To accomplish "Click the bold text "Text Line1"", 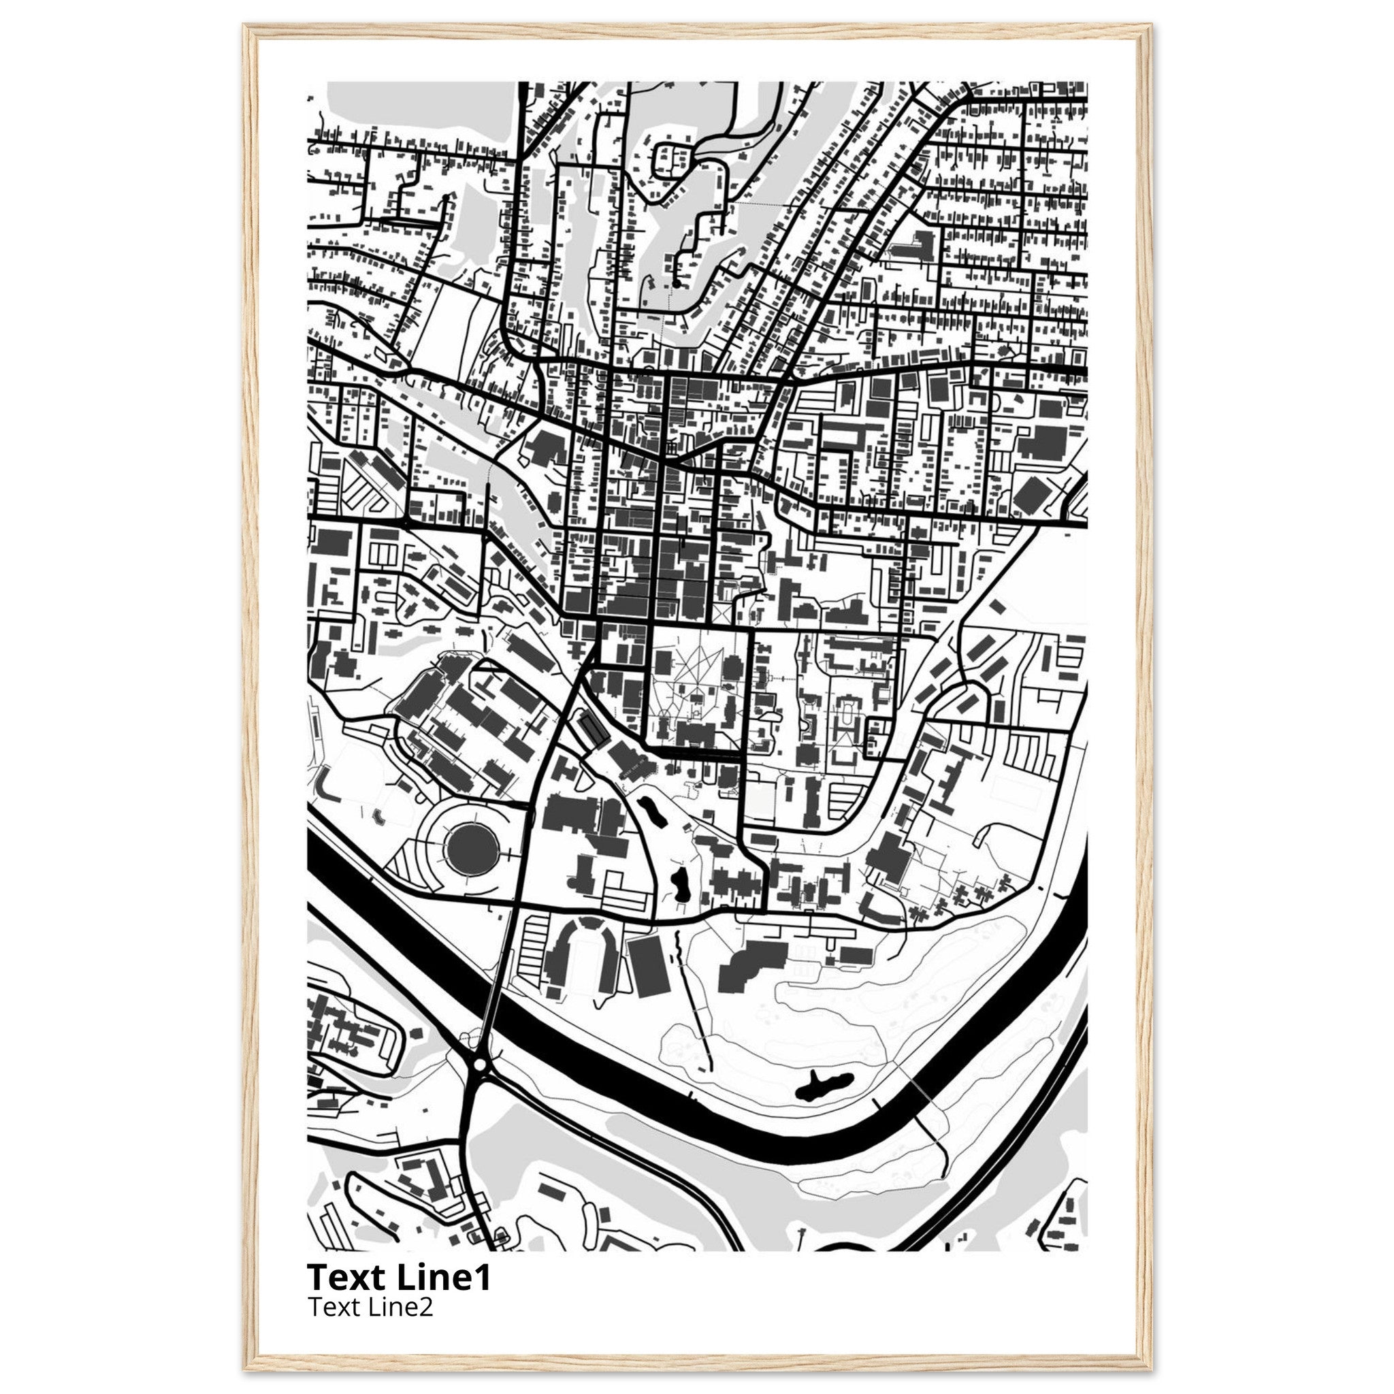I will (x=399, y=1277).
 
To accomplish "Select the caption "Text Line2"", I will (x=370, y=1307).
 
